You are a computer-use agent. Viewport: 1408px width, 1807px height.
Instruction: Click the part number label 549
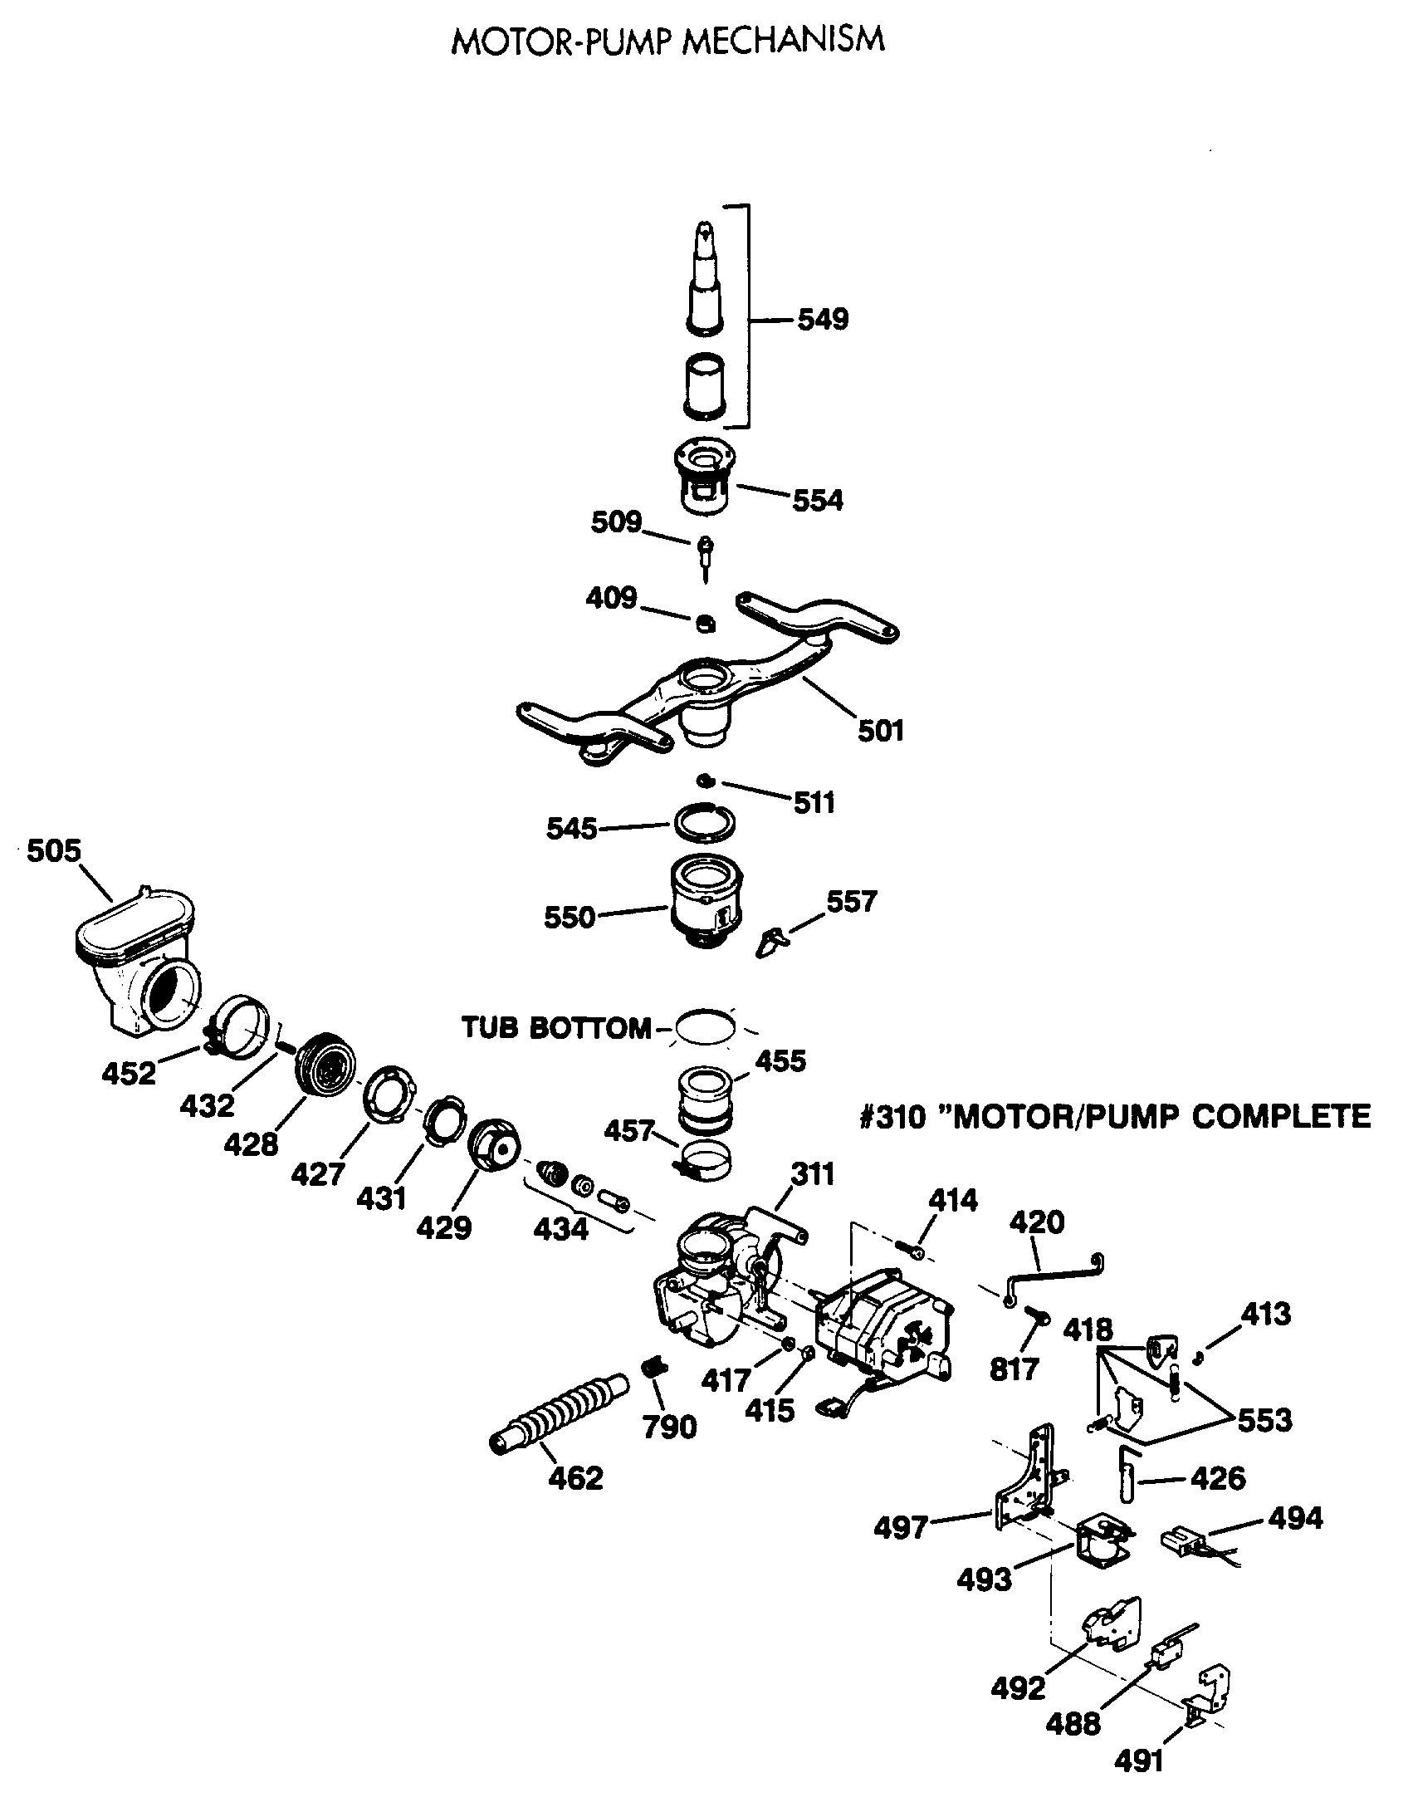tap(823, 319)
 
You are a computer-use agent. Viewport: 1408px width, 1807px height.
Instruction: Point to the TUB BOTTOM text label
tap(556, 1028)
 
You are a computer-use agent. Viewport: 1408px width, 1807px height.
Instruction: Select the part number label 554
tap(817, 500)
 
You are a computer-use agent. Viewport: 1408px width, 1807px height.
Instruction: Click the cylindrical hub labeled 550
tap(704, 901)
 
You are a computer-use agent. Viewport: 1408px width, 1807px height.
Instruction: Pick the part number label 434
tap(561, 1251)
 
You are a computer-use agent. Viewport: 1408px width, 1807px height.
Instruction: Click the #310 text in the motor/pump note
tap(892, 1117)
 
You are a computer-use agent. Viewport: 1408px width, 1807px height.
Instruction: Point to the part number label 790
tap(669, 1427)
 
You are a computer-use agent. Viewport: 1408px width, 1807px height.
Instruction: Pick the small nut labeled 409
tap(704, 623)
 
